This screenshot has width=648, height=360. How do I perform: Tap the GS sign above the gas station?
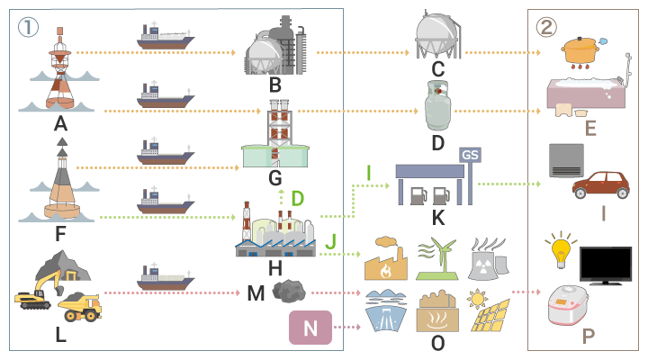pyautogui.click(x=470, y=154)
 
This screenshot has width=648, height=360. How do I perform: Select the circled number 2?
pyautogui.click(x=547, y=27)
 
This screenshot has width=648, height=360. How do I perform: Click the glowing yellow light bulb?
pyautogui.click(x=562, y=251)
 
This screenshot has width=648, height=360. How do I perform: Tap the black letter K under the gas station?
pyautogui.click(x=437, y=217)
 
